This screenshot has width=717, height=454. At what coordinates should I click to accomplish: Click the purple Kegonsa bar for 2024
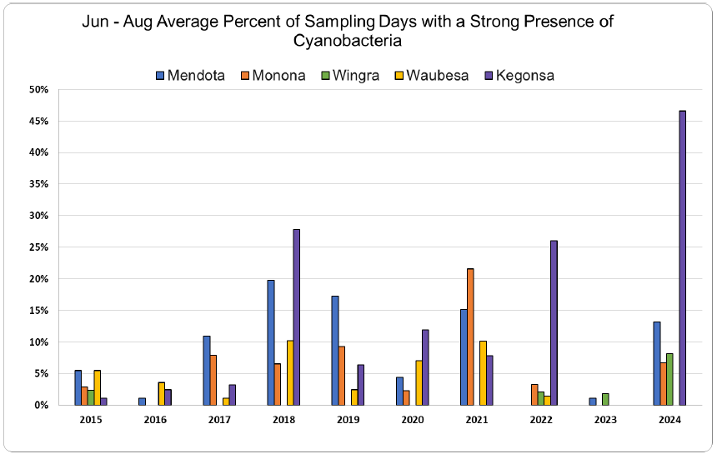(683, 257)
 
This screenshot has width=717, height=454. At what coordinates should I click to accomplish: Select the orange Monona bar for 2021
(470, 337)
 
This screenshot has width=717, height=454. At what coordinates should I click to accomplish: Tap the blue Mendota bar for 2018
(271, 342)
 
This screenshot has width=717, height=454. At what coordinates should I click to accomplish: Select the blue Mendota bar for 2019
(335, 350)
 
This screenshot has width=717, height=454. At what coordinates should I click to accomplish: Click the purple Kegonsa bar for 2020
(425, 367)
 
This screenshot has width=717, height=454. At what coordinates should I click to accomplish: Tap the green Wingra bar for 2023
(605, 399)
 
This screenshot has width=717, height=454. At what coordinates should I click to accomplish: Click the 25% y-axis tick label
(38, 247)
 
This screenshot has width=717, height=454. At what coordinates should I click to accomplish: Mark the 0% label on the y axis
(41, 405)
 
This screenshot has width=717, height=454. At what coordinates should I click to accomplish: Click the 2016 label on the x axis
(155, 419)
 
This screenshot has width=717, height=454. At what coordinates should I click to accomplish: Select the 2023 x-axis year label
(605, 419)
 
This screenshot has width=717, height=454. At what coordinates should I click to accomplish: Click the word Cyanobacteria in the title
(348, 39)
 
